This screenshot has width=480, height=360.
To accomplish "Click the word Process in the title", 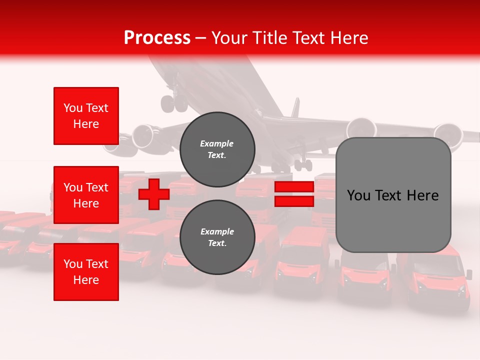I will [157, 37].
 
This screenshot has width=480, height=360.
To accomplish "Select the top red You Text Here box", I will [86, 116].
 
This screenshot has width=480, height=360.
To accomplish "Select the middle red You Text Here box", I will [86, 195].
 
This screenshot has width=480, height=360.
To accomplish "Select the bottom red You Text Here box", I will [86, 272].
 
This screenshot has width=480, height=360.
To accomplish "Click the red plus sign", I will [154, 194].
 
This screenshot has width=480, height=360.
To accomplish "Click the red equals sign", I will [294, 194].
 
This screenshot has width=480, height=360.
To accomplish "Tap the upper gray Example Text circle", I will [217, 149].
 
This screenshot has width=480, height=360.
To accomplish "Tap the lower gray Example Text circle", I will [217, 237].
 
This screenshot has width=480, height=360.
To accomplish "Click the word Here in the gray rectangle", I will [422, 195].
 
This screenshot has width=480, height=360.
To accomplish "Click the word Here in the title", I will [349, 37].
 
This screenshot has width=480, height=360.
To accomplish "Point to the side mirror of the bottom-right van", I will [469, 274].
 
